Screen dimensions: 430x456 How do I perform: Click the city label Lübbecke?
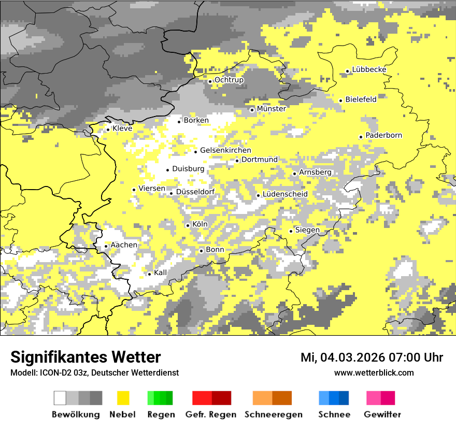(x=369, y=70)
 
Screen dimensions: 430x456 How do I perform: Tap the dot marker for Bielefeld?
(x=340, y=101)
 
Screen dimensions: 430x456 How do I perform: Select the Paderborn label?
(x=383, y=136)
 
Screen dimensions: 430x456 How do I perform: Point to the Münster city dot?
(x=252, y=110)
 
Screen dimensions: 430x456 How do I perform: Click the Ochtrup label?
(x=229, y=80)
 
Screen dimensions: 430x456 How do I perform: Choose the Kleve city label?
(x=122, y=128)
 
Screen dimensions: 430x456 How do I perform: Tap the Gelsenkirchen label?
(x=225, y=151)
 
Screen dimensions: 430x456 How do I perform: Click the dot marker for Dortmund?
(x=237, y=161)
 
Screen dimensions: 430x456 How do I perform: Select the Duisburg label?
(x=188, y=169)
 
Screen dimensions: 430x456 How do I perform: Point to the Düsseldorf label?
(x=195, y=192)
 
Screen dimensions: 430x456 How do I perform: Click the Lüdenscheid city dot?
(x=258, y=195)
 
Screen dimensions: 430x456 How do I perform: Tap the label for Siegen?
(x=307, y=230)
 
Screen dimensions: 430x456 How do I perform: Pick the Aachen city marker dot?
(x=106, y=246)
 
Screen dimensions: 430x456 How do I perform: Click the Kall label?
(x=160, y=273)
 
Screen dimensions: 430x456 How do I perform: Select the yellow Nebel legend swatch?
(x=123, y=398)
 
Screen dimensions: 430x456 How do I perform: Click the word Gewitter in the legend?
(x=382, y=414)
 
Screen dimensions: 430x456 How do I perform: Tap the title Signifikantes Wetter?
(x=85, y=357)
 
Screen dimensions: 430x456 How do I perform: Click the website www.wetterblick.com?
(x=374, y=372)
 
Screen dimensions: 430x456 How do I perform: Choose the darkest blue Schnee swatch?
(x=344, y=398)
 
